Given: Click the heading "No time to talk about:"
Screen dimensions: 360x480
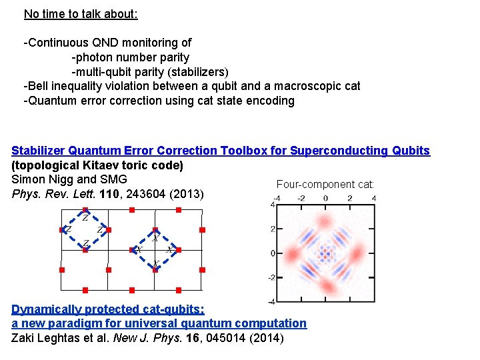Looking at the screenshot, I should [81, 13].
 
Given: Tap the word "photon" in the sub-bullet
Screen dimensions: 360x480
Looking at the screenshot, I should [95, 57].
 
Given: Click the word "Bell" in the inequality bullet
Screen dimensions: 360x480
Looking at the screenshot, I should [39, 86].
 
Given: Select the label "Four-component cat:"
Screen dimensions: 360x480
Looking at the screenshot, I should [325, 184].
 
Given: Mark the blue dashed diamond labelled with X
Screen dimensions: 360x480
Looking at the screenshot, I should [155, 251].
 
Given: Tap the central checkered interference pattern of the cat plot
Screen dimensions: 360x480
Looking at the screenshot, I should [325, 253].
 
